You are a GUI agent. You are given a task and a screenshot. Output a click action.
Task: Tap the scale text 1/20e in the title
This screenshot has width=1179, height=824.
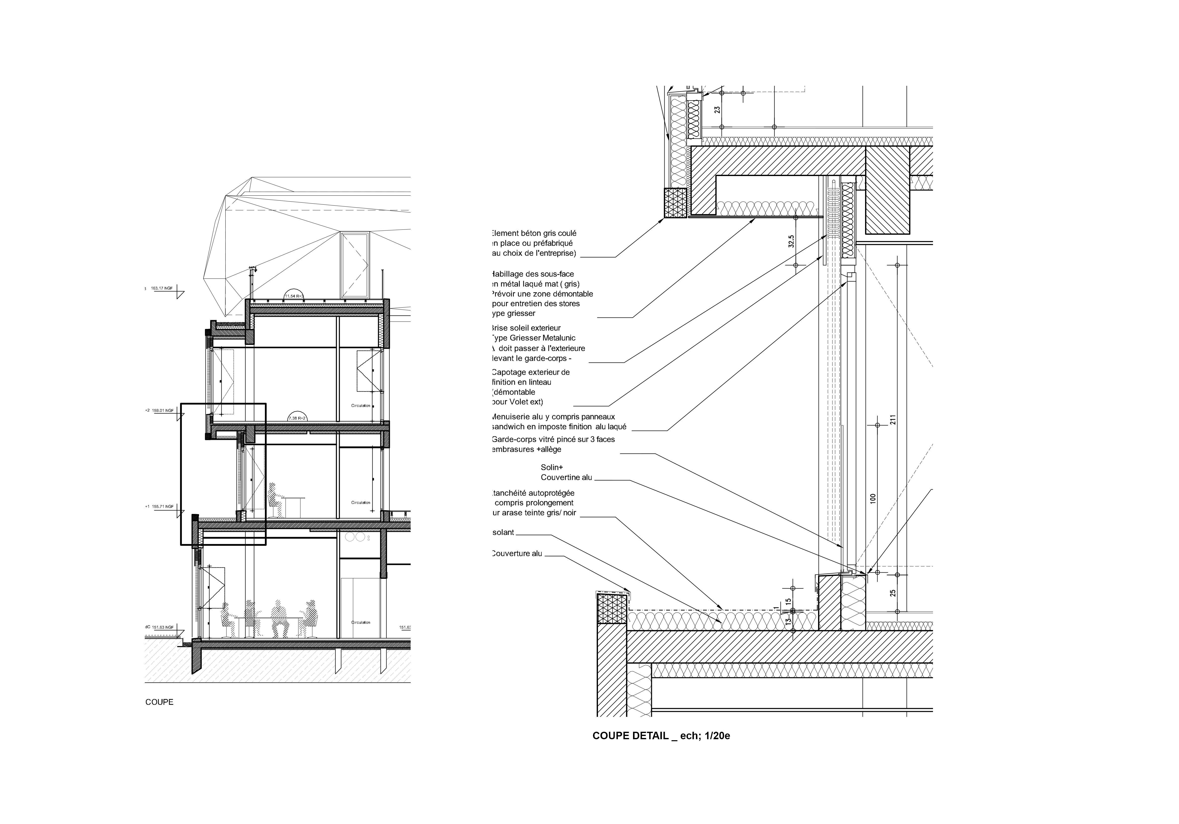[x=717, y=736]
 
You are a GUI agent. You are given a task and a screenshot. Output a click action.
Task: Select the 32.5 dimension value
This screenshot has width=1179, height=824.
[x=791, y=241]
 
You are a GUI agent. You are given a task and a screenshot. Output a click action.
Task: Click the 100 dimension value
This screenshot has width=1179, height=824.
[x=873, y=498]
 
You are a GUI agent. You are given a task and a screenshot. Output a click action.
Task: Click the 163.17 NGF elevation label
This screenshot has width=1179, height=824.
[x=161, y=288]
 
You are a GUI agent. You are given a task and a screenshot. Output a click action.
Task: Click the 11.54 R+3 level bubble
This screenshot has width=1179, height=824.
[x=294, y=296]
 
